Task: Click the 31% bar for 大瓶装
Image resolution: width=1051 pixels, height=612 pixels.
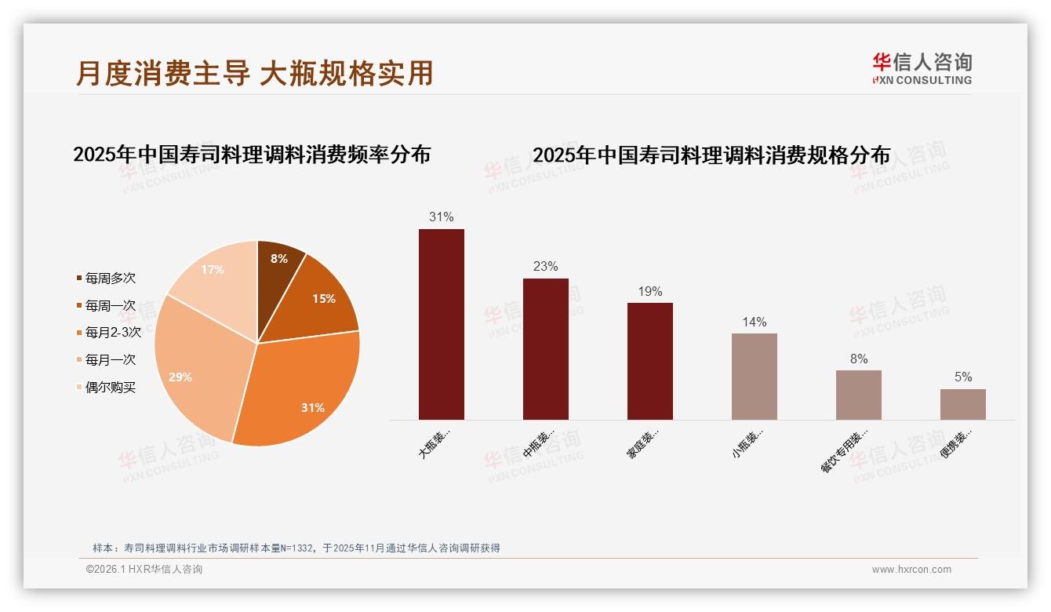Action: click(x=441, y=324)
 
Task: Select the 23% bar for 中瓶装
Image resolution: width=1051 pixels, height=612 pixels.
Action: click(x=545, y=349)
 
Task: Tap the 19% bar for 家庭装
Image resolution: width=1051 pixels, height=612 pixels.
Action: click(x=649, y=361)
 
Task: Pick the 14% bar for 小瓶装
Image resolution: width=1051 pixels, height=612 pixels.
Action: click(x=754, y=377)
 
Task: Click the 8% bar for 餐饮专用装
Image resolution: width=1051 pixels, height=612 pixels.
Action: click(x=858, y=395)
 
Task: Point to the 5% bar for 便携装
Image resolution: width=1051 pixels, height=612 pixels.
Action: click(x=962, y=404)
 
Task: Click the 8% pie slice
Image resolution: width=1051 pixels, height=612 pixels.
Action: click(x=278, y=267)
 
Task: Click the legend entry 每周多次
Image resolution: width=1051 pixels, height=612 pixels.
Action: click(x=110, y=278)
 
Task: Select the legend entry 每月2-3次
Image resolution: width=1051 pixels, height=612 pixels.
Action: click(x=113, y=333)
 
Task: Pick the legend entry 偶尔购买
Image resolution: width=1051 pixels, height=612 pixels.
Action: click(x=110, y=388)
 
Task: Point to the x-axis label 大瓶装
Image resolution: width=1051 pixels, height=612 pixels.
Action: click(x=435, y=443)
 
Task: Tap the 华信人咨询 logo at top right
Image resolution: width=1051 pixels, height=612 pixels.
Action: click(x=922, y=69)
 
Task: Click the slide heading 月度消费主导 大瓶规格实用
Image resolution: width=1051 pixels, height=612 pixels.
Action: click(x=254, y=73)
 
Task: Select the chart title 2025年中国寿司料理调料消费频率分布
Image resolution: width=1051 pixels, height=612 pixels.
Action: click(x=252, y=155)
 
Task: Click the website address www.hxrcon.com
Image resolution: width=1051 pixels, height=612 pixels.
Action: click(x=911, y=570)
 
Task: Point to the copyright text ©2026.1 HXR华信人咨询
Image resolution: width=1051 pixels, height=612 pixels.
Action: click(x=144, y=570)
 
